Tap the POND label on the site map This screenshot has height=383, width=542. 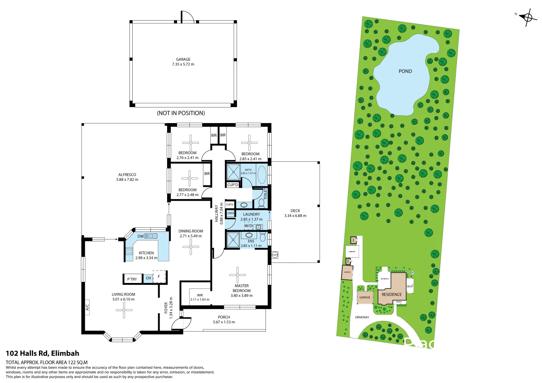(x=405, y=71)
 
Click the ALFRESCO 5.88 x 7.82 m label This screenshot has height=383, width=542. (x=127, y=177)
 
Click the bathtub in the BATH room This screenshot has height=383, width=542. (x=262, y=174)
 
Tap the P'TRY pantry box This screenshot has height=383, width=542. (x=132, y=279)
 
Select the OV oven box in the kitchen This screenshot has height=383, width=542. (x=148, y=278)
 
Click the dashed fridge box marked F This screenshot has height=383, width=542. (x=159, y=277)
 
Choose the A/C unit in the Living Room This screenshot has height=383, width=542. (x=87, y=307)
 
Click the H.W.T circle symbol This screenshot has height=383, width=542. (x=275, y=255)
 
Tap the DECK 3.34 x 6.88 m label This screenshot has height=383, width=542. (x=295, y=213)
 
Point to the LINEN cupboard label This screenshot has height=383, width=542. (x=231, y=213)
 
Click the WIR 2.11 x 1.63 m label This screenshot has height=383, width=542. (x=200, y=297)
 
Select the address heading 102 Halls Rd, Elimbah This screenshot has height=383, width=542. (x=43, y=353)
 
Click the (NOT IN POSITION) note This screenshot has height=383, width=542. (x=181, y=113)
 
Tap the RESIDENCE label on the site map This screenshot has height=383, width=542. (x=392, y=294)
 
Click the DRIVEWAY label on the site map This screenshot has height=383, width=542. (x=362, y=317)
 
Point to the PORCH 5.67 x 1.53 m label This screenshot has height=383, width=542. (x=224, y=320)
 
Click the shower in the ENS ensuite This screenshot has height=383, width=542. (x=233, y=239)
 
